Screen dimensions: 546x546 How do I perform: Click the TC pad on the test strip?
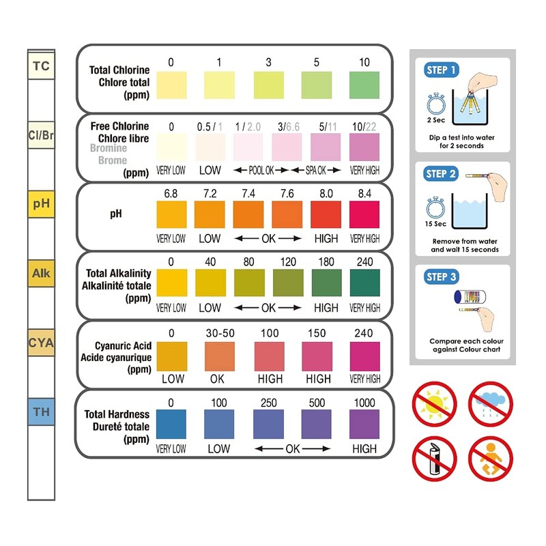(41, 67)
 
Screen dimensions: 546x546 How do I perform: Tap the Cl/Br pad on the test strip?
(41, 135)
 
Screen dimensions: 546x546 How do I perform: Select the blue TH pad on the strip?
(41, 412)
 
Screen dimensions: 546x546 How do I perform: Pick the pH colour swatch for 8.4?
(364, 214)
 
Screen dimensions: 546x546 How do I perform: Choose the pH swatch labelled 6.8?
(171, 214)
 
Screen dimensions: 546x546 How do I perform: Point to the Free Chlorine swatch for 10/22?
(364, 147)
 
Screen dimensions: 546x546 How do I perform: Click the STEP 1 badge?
(442, 70)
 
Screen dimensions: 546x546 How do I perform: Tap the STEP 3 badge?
(442, 277)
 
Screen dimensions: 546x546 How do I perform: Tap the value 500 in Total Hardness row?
(317, 403)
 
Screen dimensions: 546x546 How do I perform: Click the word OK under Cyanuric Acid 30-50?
(218, 379)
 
